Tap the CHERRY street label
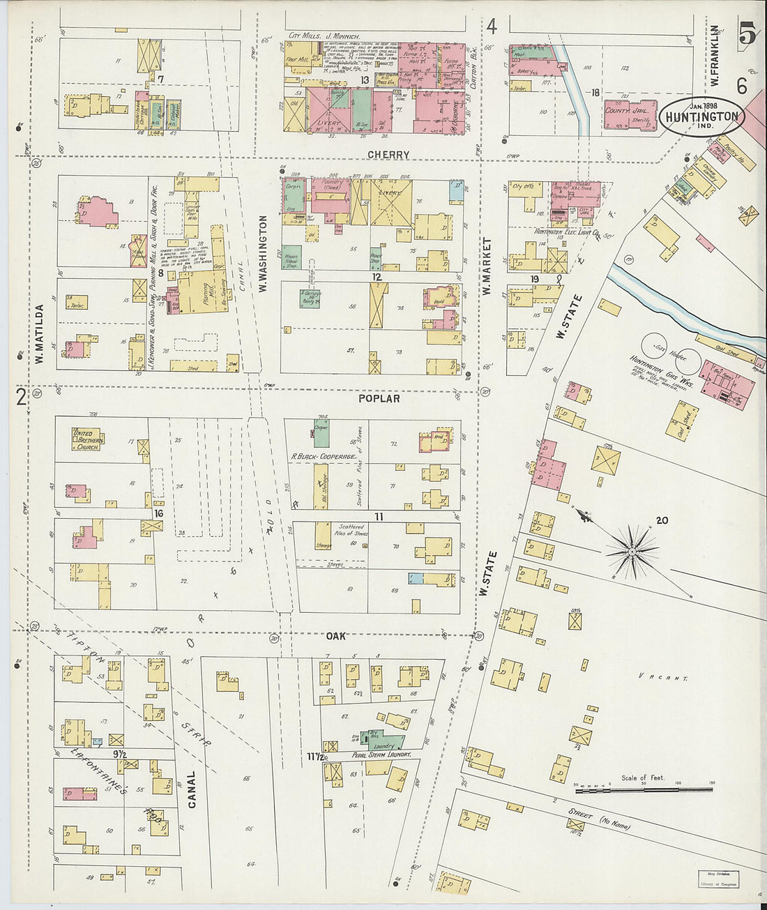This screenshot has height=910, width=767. [388, 155]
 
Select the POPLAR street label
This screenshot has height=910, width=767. [379, 398]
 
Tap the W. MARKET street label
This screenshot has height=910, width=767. [487, 266]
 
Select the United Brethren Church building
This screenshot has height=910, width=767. [87, 439]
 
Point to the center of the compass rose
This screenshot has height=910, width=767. [631, 552]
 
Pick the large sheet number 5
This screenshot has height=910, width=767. [747, 33]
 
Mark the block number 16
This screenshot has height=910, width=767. [159, 513]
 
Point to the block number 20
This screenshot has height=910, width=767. [662, 520]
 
